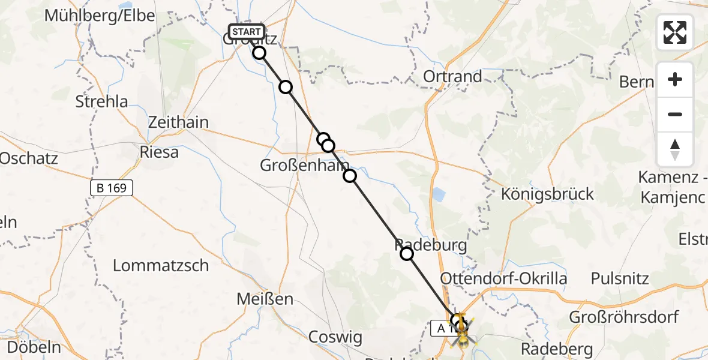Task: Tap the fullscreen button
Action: point(675,32)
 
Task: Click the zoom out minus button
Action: point(675,114)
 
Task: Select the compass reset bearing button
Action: point(675,149)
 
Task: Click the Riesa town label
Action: point(159,152)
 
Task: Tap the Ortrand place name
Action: point(452,76)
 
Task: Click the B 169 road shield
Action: point(111,188)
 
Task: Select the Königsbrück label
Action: point(548,194)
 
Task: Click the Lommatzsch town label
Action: point(161,265)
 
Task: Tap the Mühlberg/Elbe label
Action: point(100,16)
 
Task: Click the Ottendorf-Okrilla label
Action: point(503,278)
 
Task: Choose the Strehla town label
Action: point(102,101)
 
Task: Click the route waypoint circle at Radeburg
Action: point(407,254)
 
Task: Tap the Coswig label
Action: point(335,337)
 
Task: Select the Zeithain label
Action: point(179,122)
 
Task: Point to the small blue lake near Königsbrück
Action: point(439,195)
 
